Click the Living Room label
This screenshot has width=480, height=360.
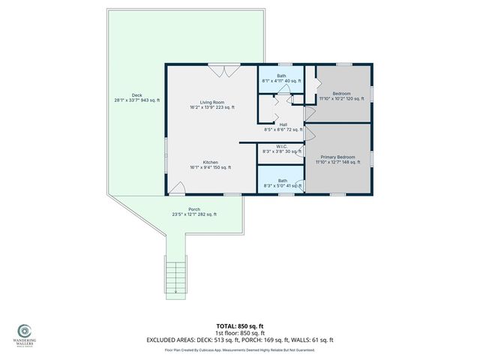click(x=211, y=104)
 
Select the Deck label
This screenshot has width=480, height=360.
click(x=136, y=97)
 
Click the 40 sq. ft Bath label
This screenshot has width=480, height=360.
click(x=281, y=78)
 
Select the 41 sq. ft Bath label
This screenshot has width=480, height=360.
click(x=281, y=182)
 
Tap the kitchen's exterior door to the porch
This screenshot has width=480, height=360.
click(x=178, y=188)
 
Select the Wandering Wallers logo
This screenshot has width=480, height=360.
click(x=25, y=331)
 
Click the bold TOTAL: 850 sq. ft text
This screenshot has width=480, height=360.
click(x=240, y=326)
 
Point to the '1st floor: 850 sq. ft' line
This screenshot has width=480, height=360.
click(x=240, y=333)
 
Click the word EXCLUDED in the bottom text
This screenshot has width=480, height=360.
click(x=162, y=340)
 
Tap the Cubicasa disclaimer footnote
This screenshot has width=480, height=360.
click(x=240, y=349)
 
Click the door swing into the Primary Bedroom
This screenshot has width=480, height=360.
click(x=309, y=134)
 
